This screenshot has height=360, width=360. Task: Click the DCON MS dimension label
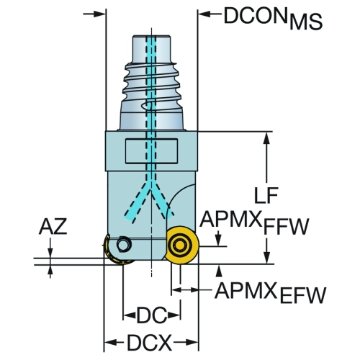tap(273, 19)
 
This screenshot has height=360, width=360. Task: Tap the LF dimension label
tap(266, 195)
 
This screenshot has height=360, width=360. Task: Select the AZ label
tap(53, 227)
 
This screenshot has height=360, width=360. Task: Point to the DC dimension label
tap(152, 315)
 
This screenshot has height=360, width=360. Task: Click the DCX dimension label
tap(150, 343)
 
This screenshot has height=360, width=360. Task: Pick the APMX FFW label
tap(254, 223)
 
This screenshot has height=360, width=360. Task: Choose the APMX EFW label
tap(271, 292)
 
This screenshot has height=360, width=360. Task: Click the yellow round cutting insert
tap(183, 245)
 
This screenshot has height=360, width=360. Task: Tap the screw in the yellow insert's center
tap(179, 246)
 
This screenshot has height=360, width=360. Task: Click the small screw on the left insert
tap(124, 245)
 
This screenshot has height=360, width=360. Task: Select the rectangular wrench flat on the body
tap(151, 151)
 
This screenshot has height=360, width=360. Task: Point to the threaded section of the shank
tap(151, 81)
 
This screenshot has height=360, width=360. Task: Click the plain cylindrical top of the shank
tap(152, 49)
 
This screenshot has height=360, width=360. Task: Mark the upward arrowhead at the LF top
tap(266, 138)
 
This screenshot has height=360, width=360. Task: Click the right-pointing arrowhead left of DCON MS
tap(99, 14)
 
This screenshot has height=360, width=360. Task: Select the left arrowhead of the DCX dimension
tap(110, 343)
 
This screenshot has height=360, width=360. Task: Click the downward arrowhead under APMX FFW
tap(218, 240)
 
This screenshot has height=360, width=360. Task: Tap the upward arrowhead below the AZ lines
tap(50, 271)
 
